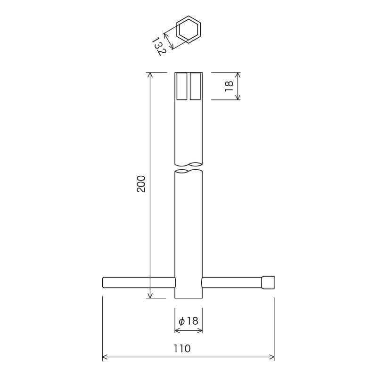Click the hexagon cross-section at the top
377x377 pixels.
point(188,30)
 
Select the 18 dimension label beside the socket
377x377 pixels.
point(229,86)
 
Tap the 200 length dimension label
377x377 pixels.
point(141,184)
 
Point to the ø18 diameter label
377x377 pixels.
point(188,321)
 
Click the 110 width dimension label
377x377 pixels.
point(182,349)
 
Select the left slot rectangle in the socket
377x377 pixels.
point(182,86)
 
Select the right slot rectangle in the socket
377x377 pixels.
point(195,86)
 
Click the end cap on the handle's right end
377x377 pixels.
point(268,282)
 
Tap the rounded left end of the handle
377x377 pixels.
point(104,282)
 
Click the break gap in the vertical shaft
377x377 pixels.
point(188,168)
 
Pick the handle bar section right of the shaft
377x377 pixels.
point(231,282)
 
